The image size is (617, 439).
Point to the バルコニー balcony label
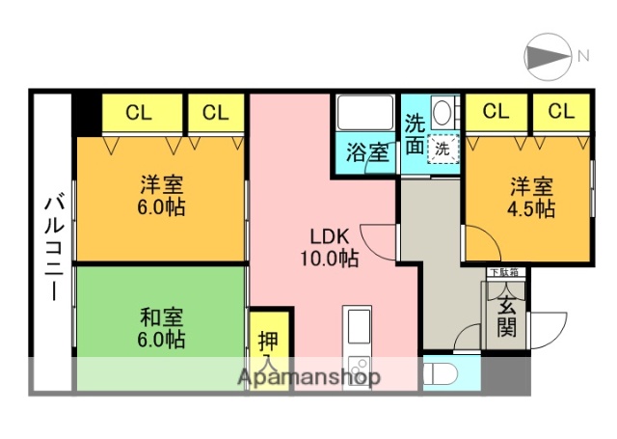(x=53, y=247)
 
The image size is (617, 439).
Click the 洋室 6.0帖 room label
(x=161, y=196)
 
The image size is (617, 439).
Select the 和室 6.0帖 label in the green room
(x=161, y=328)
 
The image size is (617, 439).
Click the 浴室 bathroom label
(x=367, y=151)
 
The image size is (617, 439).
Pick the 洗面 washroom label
(x=415, y=135)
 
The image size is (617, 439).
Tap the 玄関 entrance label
(x=506, y=318)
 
